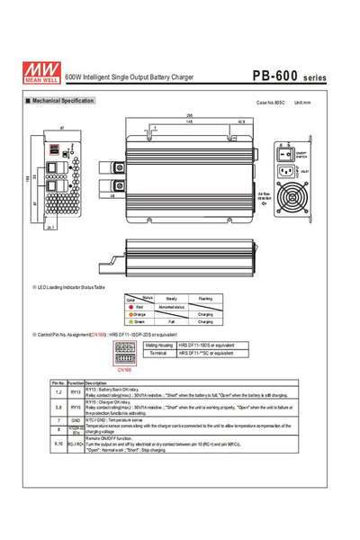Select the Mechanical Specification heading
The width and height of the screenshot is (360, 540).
63,101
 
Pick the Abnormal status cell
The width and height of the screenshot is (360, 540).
171,306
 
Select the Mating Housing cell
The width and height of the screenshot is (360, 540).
160,345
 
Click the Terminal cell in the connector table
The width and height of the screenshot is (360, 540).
160,354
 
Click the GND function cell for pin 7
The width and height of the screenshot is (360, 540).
76,420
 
